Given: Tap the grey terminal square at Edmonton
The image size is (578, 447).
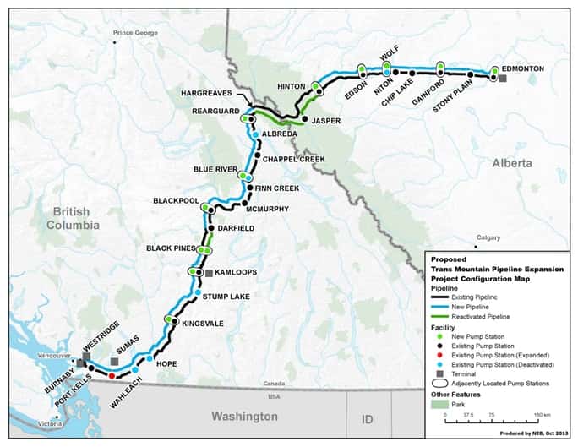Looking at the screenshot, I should [x=502, y=79].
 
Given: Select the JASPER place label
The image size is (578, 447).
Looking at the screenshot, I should [x=326, y=121].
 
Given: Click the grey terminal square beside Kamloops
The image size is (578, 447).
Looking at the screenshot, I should [x=209, y=272].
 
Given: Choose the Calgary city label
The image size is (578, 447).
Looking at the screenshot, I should [x=488, y=238].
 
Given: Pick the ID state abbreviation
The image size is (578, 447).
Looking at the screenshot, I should [x=368, y=419].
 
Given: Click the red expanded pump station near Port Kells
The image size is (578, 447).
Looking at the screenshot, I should [x=112, y=375].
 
